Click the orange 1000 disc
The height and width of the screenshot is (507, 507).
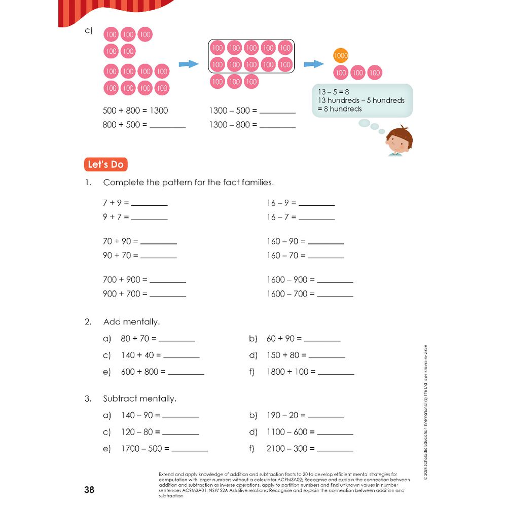[x=341, y=56]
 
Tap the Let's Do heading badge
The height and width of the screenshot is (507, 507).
[x=105, y=165]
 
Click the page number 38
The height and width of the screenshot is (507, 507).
[x=89, y=490]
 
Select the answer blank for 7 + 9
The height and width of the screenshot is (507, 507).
[x=149, y=203]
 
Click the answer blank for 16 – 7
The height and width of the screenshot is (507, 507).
[x=316, y=218]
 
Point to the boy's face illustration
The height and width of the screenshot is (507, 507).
[x=399, y=140]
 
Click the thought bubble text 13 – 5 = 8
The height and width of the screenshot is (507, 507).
[x=334, y=92]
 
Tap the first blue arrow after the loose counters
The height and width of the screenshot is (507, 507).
[x=188, y=64]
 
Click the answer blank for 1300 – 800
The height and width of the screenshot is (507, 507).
[x=277, y=125]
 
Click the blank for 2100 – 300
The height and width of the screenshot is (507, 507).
[x=335, y=449]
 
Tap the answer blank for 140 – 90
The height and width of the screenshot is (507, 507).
[x=180, y=416]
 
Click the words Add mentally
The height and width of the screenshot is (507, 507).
[x=131, y=322]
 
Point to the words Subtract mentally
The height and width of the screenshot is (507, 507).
[x=139, y=399]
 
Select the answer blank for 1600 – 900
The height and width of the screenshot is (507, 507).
[x=335, y=280]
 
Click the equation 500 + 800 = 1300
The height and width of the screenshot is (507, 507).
[x=135, y=111]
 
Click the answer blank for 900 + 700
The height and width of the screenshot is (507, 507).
[x=167, y=295]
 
